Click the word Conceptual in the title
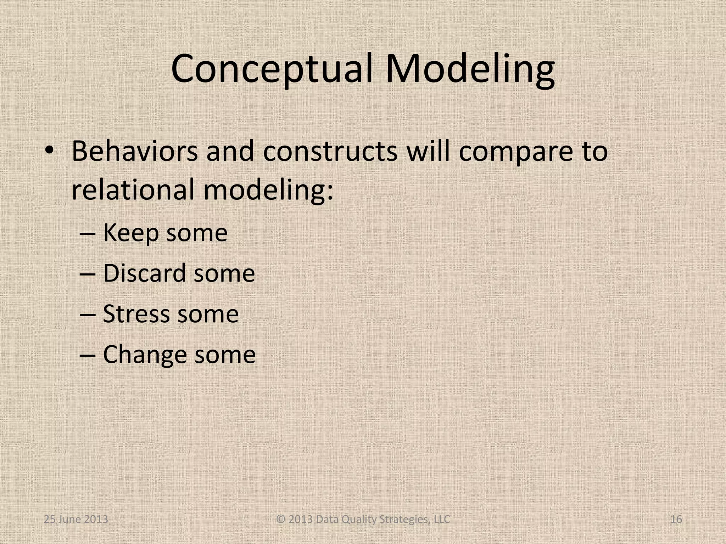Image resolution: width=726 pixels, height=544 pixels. click(272, 69)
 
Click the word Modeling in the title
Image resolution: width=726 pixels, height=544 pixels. click(470, 69)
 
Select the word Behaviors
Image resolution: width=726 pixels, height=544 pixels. click(134, 151)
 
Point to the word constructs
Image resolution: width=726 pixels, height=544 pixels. click(330, 151)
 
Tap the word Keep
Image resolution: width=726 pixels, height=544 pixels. click(131, 233)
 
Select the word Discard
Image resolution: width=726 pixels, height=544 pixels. click(144, 273)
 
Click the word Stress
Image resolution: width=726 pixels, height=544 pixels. click(136, 314)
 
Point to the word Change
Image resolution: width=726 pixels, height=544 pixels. click(144, 355)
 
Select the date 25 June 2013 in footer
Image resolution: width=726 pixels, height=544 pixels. click(76, 520)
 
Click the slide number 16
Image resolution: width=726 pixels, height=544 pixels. click(676, 520)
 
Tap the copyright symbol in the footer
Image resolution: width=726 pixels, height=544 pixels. click(281, 520)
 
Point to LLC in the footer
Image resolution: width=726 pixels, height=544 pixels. click(441, 520)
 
